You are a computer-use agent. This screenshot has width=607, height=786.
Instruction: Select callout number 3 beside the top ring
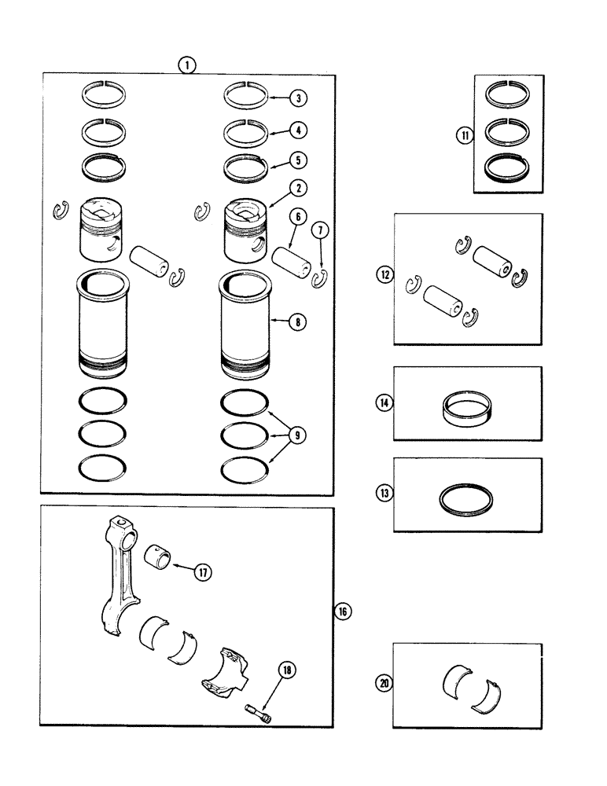[x=298, y=98]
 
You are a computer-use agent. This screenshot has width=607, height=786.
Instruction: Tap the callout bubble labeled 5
[x=298, y=160]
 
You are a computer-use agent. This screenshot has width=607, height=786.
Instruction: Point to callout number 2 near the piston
[x=298, y=189]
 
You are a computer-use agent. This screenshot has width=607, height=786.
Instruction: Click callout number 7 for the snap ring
[x=320, y=230]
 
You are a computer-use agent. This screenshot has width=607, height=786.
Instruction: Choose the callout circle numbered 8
[x=298, y=321]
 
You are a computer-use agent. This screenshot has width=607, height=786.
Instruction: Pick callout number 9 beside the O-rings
[x=298, y=435]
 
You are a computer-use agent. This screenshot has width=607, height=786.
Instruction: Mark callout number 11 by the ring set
[x=465, y=135]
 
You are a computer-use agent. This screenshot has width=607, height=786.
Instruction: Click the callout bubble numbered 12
[x=385, y=275]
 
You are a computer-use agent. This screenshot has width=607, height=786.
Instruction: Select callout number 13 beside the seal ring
[x=384, y=493]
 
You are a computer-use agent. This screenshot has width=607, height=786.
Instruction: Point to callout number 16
[x=343, y=610]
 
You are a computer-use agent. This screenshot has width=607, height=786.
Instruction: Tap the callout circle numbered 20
[x=384, y=683]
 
